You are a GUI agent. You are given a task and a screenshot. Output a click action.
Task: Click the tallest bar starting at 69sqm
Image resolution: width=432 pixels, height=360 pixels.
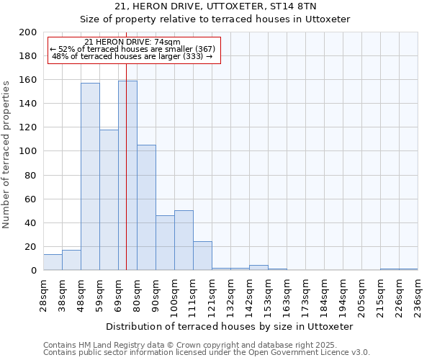point(127,175)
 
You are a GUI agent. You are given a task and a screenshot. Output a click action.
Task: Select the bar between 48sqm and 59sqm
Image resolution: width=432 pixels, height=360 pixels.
point(90,176)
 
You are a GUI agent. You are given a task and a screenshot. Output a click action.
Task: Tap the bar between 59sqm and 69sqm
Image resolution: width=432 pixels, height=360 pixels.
point(109,199)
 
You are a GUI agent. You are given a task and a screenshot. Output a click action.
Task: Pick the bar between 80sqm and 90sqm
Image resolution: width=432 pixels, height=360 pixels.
point(146,207)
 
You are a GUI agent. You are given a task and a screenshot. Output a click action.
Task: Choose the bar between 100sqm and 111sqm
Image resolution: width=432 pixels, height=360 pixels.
point(184,240)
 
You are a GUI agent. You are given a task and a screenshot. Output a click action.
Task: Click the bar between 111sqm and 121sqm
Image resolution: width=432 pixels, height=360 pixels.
point(202,256)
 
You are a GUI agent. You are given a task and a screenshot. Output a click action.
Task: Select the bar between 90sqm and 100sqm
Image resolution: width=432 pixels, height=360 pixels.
point(165,243)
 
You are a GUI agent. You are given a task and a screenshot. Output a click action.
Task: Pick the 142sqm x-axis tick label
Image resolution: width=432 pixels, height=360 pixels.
point(249,293)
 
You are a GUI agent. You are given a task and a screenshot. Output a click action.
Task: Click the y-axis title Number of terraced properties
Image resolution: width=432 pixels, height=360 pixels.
point(6,154)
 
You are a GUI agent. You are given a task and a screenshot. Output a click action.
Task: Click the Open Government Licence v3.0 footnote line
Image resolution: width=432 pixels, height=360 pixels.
point(207,353)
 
